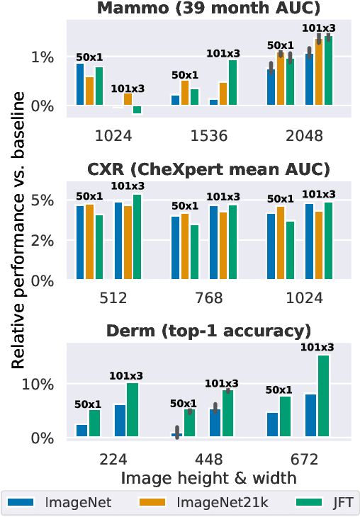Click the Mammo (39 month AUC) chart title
point(208,8)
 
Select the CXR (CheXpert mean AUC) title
point(208,169)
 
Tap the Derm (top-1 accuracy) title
point(208,331)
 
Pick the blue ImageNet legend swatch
point(23,503)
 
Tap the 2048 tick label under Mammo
point(308,135)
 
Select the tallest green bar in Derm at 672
point(323,396)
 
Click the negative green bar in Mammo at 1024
point(137,110)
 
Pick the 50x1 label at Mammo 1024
point(90,56)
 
